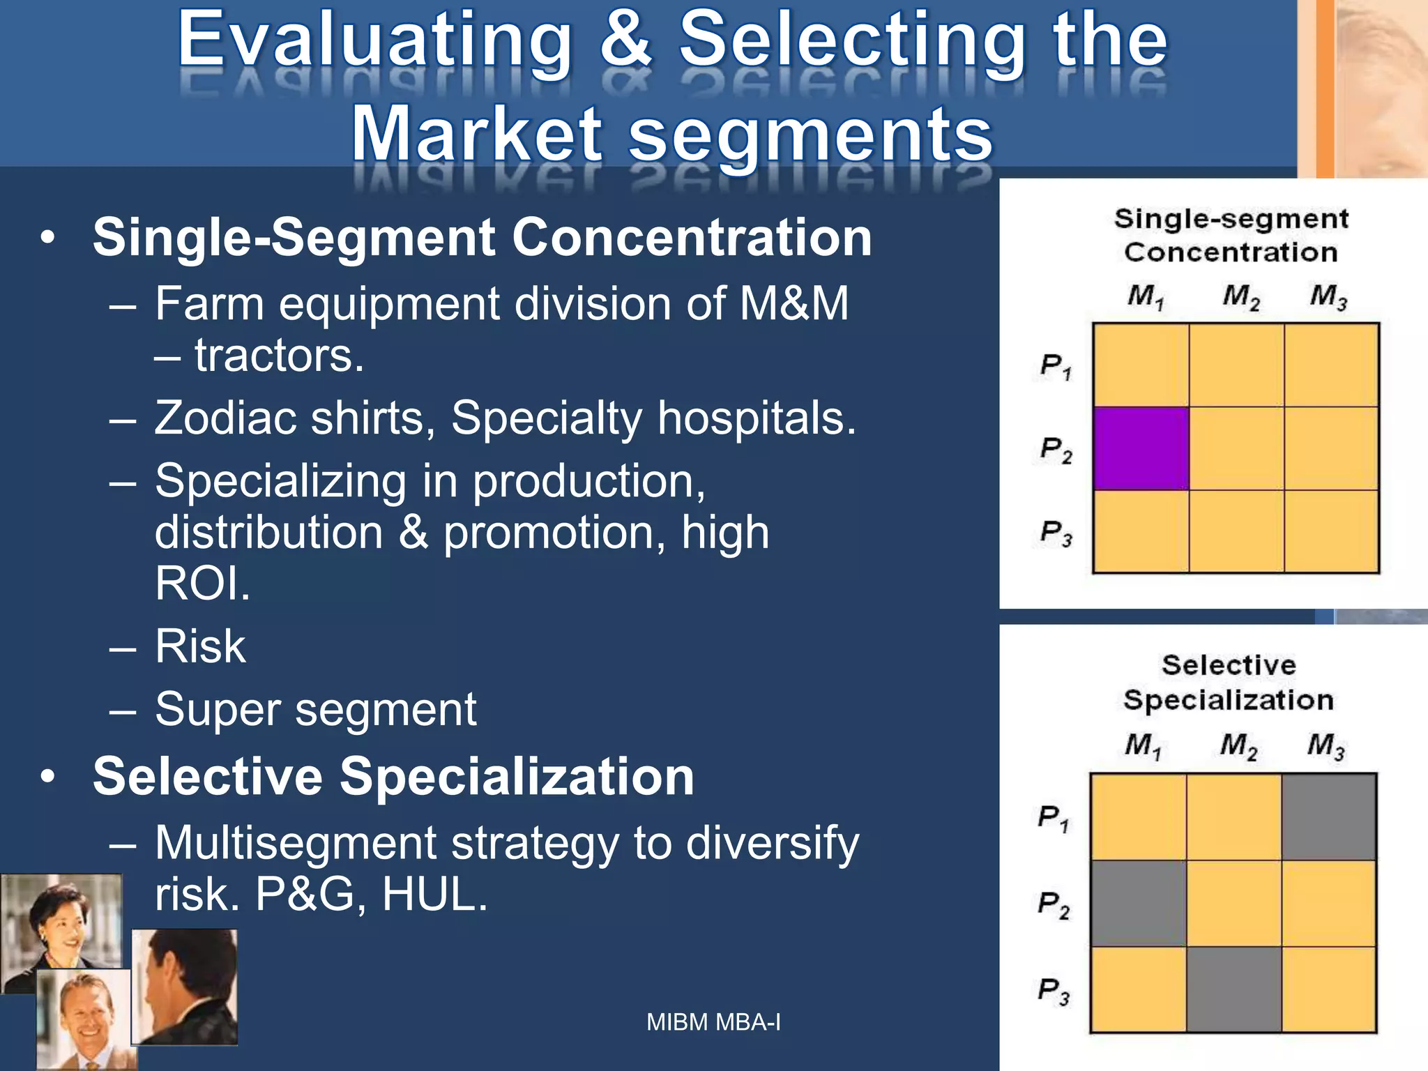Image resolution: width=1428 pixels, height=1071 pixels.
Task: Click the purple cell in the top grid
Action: coord(1141,448)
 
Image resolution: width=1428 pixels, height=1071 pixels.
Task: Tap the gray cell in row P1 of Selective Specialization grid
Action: coord(1329,816)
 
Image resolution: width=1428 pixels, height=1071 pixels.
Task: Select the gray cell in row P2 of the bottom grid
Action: coord(1138,903)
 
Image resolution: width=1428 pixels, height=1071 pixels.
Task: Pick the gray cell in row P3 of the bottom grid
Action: coord(1233,989)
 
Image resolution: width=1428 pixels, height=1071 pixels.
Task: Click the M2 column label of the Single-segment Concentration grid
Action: coord(1240,297)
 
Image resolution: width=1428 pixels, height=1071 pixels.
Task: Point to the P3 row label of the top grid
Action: coord(1056,533)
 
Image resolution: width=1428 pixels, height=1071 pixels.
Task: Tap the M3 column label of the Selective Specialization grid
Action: coord(1326,746)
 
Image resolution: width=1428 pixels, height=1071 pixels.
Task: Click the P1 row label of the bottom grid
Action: coord(1053,817)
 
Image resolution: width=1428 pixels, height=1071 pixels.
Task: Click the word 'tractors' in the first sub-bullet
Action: coord(278,356)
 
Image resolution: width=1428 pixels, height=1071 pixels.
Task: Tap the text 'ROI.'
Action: coord(202,584)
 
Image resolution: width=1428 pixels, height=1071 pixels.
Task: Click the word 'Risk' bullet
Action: coord(200,646)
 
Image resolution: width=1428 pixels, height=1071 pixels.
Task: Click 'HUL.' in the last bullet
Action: coord(434,895)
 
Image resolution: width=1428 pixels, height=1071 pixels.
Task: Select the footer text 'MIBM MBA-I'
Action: coord(713,1022)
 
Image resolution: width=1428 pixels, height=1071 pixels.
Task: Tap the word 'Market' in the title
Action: coord(477,134)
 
